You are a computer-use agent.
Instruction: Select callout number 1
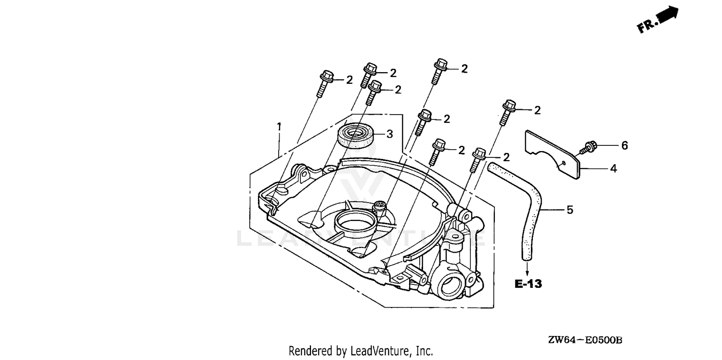(x=279, y=127)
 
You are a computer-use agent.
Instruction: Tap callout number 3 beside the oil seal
(x=390, y=134)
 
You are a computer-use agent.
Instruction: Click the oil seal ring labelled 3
(x=356, y=137)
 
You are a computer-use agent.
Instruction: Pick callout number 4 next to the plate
(x=614, y=168)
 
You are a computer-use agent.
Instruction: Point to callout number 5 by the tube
(x=570, y=210)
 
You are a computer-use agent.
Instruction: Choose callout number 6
(x=624, y=146)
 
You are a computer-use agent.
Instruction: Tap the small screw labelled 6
(x=588, y=148)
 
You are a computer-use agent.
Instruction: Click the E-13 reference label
(x=529, y=284)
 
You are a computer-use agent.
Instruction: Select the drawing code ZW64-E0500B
(x=585, y=340)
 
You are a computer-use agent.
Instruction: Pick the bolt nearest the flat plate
(x=507, y=113)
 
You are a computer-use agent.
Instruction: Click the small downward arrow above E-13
(x=527, y=269)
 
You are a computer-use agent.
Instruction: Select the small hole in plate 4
(x=564, y=163)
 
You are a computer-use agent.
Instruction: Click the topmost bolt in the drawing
(x=438, y=71)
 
